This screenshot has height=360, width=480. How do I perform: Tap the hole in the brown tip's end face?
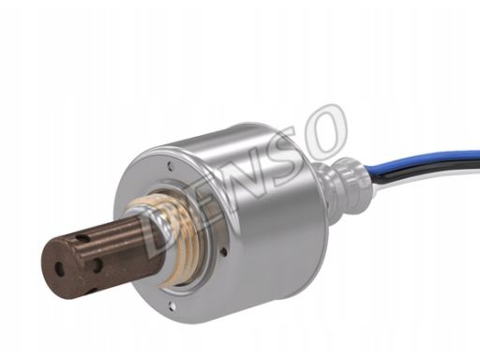point(60,266)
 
